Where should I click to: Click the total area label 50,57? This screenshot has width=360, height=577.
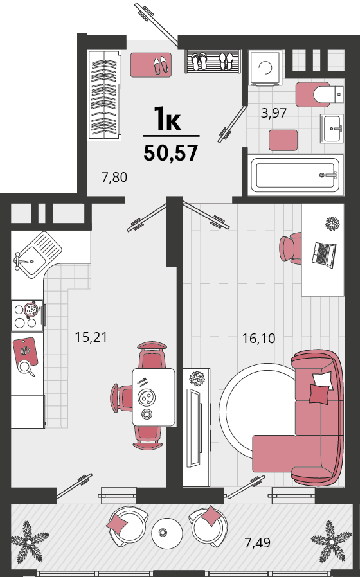(171, 153)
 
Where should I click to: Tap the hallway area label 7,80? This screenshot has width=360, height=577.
(114, 177)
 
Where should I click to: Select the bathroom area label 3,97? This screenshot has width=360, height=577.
(273, 112)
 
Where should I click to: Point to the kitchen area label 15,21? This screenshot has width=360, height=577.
(91, 337)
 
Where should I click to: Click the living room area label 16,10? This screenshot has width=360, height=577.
(259, 338)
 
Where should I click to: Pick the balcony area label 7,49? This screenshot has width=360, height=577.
(258, 542)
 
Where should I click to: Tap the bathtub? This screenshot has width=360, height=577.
(296, 175)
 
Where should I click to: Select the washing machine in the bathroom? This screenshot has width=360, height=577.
(265, 67)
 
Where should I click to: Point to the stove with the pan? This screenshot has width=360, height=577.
(28, 315)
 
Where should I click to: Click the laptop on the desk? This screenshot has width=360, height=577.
(323, 254)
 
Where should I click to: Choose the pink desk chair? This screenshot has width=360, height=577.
(291, 247)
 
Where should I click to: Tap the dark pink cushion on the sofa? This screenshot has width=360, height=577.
(319, 394)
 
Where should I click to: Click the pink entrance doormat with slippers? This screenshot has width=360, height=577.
(151, 65)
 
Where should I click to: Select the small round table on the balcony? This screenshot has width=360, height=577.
(167, 533)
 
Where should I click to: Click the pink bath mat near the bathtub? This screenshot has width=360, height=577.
(283, 140)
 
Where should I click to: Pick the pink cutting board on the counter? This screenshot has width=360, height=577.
(26, 351)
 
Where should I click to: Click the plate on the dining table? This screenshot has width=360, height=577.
(146, 397)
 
